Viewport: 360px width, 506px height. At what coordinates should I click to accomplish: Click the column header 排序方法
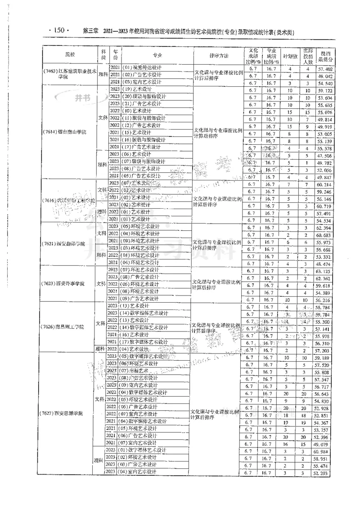[219, 55]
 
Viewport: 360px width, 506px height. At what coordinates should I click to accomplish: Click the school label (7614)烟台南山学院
[68, 133]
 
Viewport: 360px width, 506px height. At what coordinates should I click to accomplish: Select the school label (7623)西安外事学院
[68, 284]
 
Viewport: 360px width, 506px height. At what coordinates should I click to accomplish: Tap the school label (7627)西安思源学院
[68, 412]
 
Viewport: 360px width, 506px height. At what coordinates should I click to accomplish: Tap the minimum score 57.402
[325, 69]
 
